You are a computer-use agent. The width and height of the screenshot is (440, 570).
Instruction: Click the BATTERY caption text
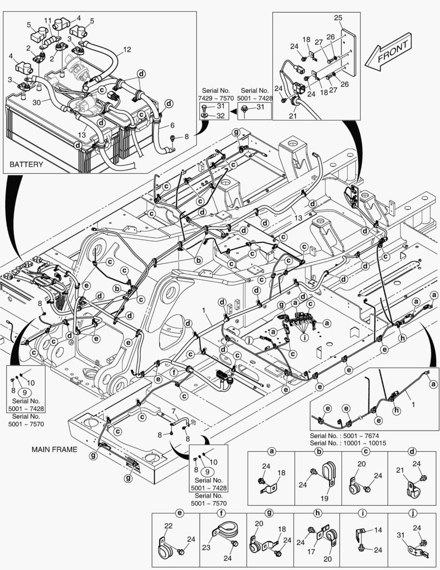click(x=26, y=164)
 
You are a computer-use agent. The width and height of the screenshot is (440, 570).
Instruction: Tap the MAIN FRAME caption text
click(x=55, y=450)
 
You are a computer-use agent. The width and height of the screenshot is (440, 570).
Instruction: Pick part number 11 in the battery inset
click(x=47, y=21)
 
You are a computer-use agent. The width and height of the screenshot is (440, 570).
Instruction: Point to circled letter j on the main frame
click(x=243, y=340)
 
